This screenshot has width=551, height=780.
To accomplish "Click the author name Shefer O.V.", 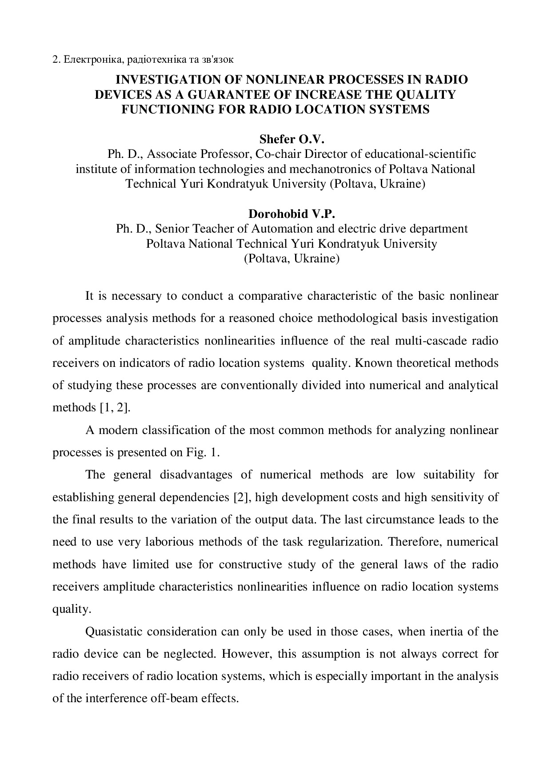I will click(x=292, y=140).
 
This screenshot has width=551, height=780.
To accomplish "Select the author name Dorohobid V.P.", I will click(x=291, y=214).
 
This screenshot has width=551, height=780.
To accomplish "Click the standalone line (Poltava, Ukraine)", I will click(x=291, y=259).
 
